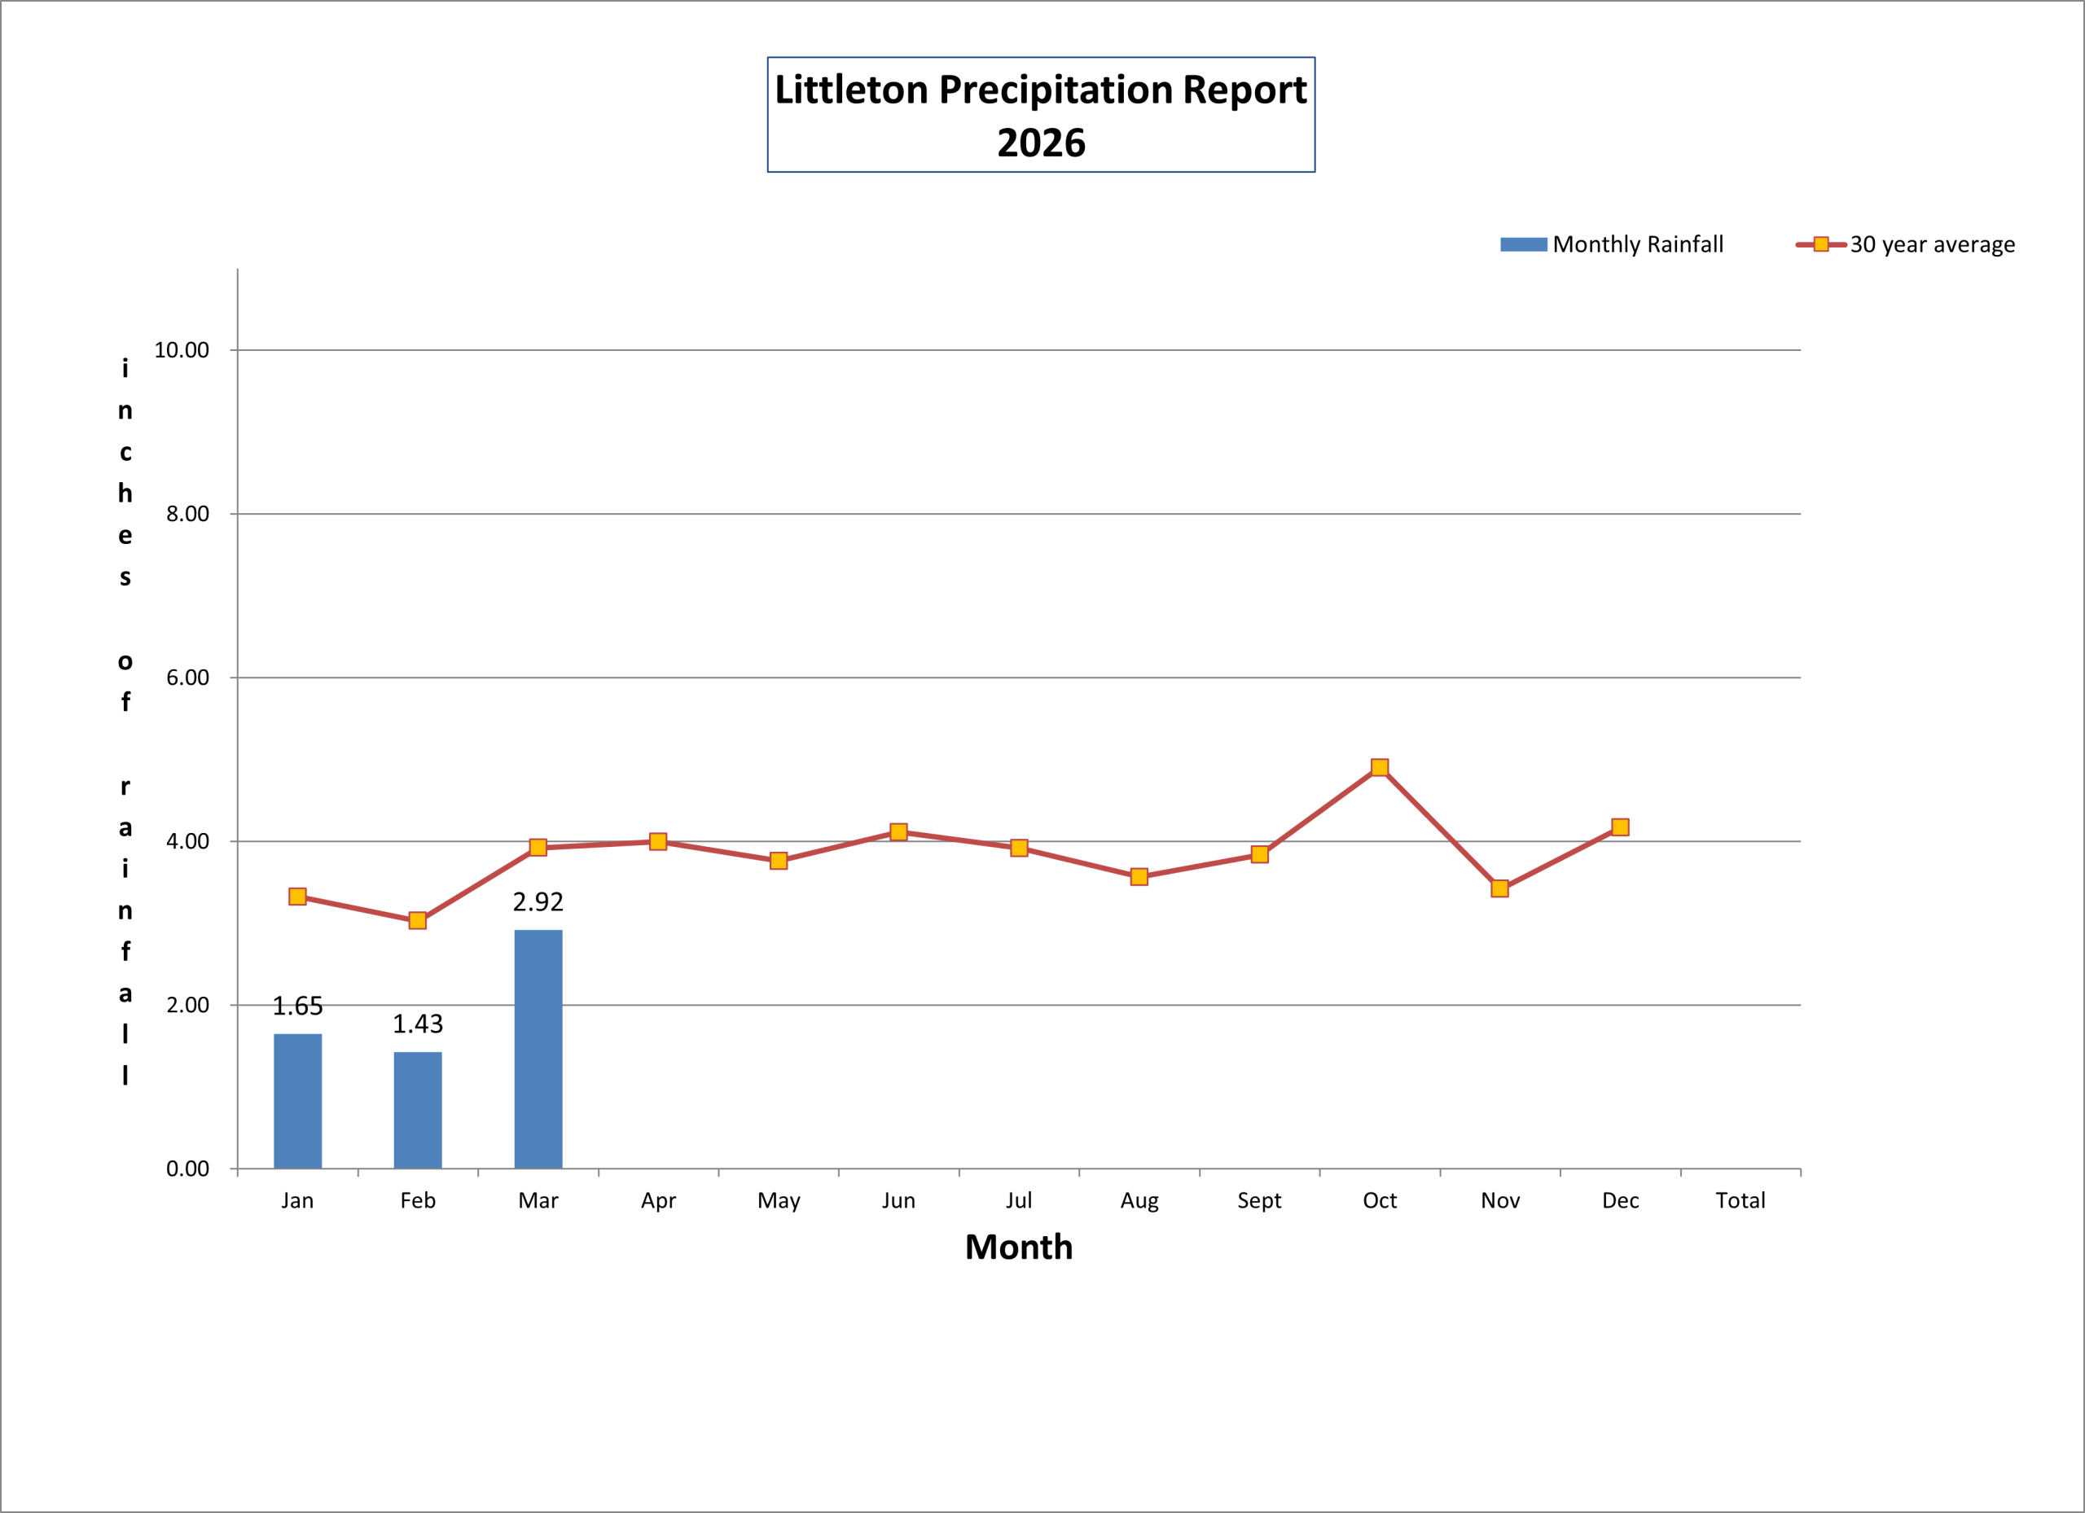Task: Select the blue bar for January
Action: [298, 1101]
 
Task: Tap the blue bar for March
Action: [538, 1049]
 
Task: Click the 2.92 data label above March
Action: [538, 901]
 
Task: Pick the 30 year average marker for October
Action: [1379, 768]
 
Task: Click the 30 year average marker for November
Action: [1499, 888]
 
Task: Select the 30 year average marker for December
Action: [1620, 827]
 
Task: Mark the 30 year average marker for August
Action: [1139, 877]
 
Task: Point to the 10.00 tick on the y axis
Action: [181, 350]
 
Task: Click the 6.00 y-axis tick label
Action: [187, 678]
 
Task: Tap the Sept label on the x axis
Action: [1258, 1200]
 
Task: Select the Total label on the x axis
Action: [1740, 1200]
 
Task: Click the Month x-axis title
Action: [1019, 1248]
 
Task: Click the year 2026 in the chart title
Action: [1041, 143]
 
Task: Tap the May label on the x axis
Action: [779, 1200]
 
